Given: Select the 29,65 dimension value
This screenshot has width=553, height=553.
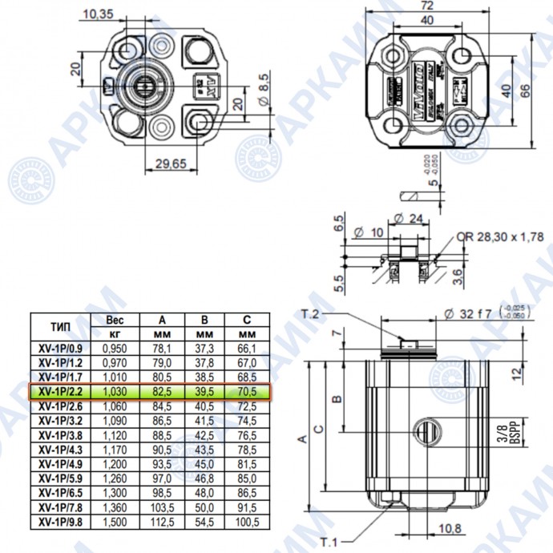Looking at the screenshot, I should click(169, 163).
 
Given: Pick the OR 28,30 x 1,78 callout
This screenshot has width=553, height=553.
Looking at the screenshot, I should click(502, 236).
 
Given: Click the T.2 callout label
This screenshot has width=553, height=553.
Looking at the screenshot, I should click(311, 313).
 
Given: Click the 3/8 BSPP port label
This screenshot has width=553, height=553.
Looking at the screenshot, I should click(504, 435).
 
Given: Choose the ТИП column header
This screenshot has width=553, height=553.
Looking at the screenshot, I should click(61, 326).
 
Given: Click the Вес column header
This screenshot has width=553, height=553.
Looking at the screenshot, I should click(115, 319).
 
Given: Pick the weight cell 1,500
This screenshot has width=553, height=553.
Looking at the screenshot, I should click(115, 522).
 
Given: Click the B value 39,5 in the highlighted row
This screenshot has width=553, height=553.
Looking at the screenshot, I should click(205, 392).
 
